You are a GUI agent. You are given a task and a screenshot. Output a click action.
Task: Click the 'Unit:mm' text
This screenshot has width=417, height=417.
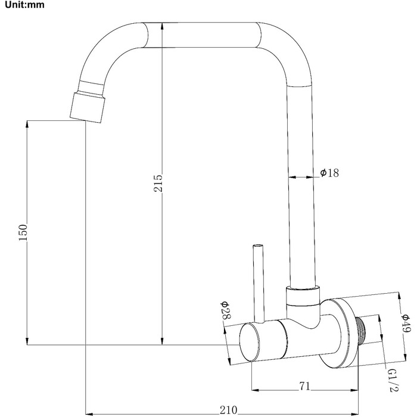click(25, 5)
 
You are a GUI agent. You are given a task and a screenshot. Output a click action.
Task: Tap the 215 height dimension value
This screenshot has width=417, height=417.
click(158, 183)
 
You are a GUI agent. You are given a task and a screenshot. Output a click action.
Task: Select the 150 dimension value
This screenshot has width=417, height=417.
click(23, 232)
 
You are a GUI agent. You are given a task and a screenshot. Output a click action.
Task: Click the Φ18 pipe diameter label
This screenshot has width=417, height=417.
click(329, 173)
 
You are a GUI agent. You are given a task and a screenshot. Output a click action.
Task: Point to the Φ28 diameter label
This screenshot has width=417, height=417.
click(225, 310)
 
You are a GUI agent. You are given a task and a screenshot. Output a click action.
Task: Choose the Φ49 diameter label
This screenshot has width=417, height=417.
click(406, 323)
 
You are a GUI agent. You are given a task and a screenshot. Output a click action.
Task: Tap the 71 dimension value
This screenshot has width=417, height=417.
click(304, 387)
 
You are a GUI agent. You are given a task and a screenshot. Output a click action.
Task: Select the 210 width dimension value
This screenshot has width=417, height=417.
click(228, 410)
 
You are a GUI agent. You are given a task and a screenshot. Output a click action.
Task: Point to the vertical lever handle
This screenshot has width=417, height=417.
click(259, 283)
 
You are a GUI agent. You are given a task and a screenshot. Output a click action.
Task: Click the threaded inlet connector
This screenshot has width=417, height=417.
click(361, 332)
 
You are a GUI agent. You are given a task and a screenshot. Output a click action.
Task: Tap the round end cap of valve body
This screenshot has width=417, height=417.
click(250, 343)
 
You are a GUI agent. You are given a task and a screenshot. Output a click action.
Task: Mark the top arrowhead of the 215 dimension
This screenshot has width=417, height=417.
click(162, 26)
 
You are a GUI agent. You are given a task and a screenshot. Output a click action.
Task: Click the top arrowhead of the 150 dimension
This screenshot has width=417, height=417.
click(27, 124)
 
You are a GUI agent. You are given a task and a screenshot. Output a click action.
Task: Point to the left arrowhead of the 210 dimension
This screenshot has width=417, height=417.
click(89, 414)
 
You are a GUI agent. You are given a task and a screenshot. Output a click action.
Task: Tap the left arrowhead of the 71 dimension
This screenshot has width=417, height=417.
click(255, 390)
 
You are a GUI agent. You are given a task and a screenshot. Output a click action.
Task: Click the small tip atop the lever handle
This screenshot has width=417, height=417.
click(258, 245)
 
